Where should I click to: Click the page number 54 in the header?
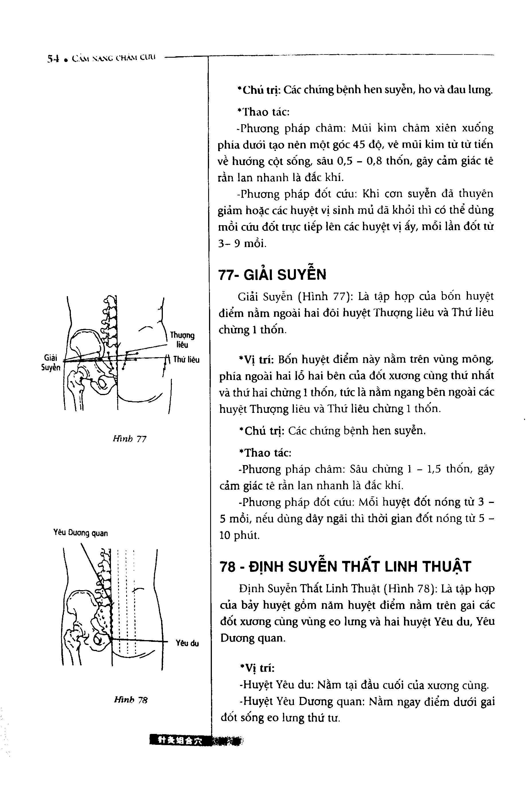[x=53, y=59]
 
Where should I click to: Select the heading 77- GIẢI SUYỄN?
[x=272, y=275]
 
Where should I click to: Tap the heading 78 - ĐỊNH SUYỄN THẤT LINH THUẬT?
[x=345, y=566]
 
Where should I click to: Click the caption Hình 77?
[x=130, y=439]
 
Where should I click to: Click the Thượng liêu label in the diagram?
[x=182, y=340]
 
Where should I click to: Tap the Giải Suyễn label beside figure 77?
[x=51, y=363]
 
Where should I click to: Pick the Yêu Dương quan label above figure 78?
[x=81, y=533]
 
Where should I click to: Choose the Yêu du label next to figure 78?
[x=187, y=643]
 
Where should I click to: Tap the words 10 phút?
[x=239, y=535]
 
